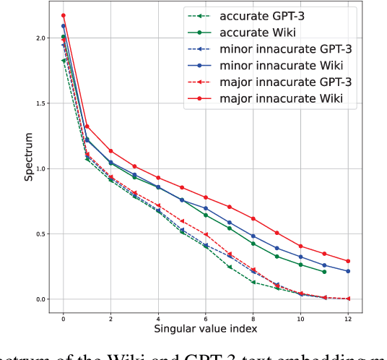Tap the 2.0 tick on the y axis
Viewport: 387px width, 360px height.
coord(41,38)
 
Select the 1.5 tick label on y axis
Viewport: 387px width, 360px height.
coord(41,103)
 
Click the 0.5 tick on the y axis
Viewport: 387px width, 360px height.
coord(41,234)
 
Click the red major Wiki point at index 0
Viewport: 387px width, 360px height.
coord(64,15)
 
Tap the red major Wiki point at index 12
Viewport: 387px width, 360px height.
coord(348,261)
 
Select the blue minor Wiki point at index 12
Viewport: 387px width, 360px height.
coord(348,271)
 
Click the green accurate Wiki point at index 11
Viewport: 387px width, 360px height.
coord(324,272)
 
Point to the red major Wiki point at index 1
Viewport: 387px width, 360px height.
coord(87,127)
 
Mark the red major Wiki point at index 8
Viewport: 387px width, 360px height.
coord(253,218)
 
